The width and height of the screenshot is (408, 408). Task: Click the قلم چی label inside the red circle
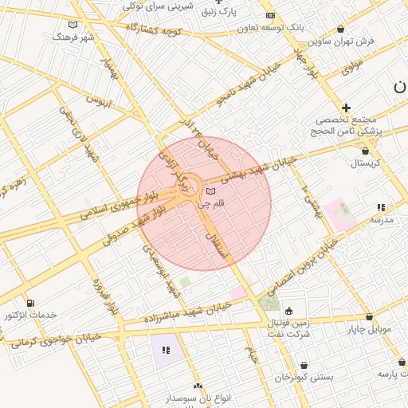coord(211,205)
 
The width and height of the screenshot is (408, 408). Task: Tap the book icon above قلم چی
coord(210,191)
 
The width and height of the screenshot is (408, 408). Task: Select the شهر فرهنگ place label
coord(73,37)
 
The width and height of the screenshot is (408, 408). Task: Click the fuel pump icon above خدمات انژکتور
coord(30,303)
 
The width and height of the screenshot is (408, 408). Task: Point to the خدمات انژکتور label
coord(30,316)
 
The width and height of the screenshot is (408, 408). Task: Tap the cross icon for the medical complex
coord(346,108)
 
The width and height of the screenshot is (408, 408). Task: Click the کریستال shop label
coord(366,163)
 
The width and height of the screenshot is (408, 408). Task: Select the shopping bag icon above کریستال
coord(366,150)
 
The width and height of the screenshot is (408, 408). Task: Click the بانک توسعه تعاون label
coord(271,27)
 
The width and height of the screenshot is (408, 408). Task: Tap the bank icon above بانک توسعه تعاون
coord(270,15)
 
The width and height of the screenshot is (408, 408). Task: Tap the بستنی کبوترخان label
coord(304,377)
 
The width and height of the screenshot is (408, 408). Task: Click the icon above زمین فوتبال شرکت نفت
coord(288,311)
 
